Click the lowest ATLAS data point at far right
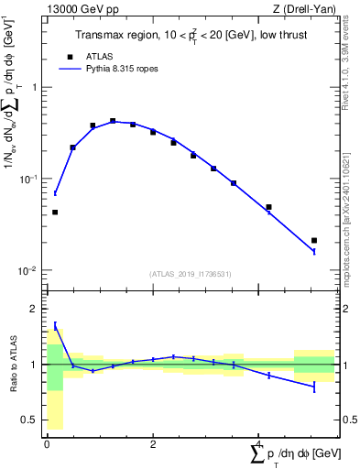314,241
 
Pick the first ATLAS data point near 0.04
55,212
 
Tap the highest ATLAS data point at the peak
113,121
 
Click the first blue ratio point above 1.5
55,325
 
